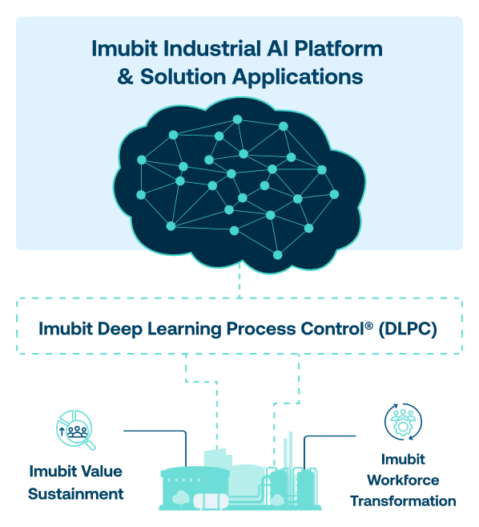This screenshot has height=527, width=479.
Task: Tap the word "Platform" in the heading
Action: click(338, 48)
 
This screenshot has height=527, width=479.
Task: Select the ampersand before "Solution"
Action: click(125, 77)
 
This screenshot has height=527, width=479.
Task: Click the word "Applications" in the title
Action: click(298, 78)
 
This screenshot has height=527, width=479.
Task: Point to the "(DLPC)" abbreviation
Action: click(408, 329)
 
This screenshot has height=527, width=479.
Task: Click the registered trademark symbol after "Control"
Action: click(369, 326)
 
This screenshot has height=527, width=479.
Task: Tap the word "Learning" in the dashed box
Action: click(184, 330)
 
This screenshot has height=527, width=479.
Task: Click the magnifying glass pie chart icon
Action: click(76, 429)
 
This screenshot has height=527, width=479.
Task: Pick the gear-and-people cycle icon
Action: click(403, 422)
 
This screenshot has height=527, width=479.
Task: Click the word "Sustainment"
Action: click(76, 494)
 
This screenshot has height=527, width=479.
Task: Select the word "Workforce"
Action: click(403, 480)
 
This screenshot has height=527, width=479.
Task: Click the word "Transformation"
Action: click(403, 501)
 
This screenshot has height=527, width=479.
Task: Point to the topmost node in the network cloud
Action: click(237, 120)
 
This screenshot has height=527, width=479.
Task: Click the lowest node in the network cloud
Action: click(278, 255)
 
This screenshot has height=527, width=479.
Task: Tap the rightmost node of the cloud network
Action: click(334, 194)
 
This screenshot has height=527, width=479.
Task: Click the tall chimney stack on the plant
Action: click(291, 449)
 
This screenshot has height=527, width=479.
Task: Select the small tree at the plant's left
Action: click(181, 497)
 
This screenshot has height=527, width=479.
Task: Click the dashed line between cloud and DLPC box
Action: click(239, 280)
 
